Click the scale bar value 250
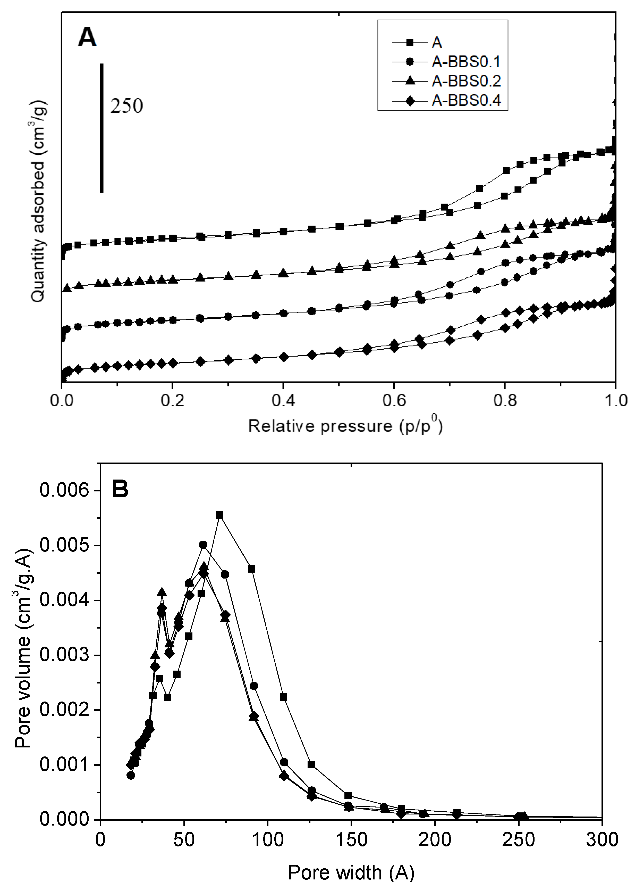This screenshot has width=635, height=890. [x=126, y=106]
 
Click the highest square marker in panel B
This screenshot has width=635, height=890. [x=220, y=515]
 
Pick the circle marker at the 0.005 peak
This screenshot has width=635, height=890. [x=203, y=545]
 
